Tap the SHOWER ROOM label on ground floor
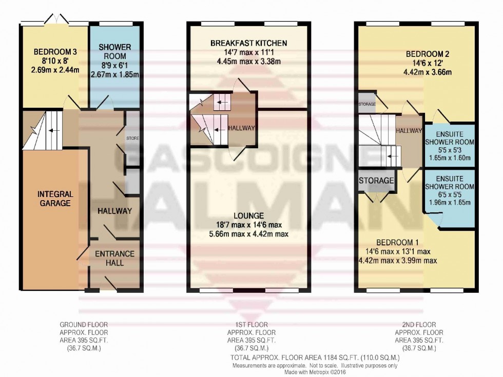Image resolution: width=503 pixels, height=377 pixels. [x=114, y=51]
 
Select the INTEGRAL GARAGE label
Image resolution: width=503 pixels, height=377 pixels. [x=55, y=199]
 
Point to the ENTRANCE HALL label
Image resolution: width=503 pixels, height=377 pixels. [x=114, y=258]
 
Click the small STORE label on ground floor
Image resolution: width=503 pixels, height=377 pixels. [x=133, y=138]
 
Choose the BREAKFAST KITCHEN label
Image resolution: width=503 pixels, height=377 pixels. [x=249, y=43]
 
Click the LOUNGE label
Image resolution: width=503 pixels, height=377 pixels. [x=249, y=215]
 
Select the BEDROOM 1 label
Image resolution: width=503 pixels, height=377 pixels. [x=398, y=242]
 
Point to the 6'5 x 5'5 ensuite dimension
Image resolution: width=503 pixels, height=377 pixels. [x=449, y=195]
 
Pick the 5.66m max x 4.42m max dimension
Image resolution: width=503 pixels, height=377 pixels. [x=249, y=234]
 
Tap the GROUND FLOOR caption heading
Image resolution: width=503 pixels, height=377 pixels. [x=84, y=325]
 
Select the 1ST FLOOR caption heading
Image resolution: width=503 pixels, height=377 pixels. [x=249, y=325]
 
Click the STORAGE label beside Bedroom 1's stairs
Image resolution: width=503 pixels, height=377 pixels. [x=377, y=181]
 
